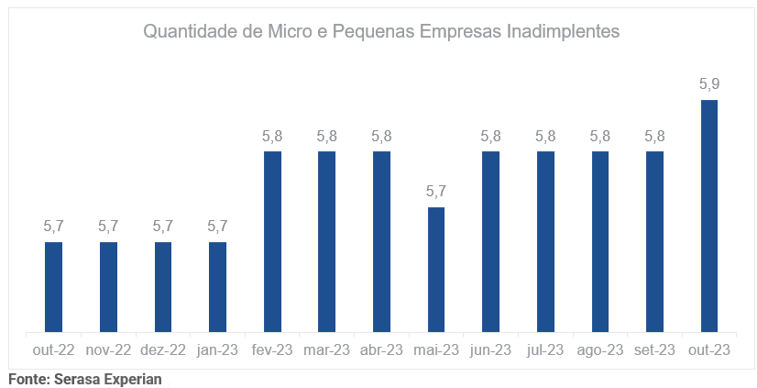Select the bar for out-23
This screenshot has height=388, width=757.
click(708, 216)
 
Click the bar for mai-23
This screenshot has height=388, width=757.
click(436, 269)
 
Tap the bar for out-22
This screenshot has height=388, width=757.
click(53, 286)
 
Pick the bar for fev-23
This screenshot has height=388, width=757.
click(272, 241)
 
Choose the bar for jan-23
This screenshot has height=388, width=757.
click(217, 286)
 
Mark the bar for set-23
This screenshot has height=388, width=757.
click(654, 241)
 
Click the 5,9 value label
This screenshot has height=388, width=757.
click(708, 84)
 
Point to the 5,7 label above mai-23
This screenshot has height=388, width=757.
click(436, 192)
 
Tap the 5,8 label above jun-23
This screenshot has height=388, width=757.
click(490, 136)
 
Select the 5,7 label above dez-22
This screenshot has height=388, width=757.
click(163, 227)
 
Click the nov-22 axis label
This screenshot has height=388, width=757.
click(108, 349)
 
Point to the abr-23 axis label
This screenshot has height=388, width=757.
click(381, 349)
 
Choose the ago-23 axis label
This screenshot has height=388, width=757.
click(599, 349)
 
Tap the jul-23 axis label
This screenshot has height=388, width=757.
click(545, 349)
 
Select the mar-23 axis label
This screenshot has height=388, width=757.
click(327, 349)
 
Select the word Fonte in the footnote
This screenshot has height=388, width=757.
click(27, 378)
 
